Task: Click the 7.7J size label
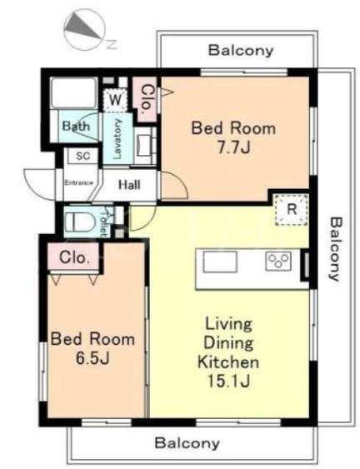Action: click(233, 147)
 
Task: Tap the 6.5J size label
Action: click(92, 358)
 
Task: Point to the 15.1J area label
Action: click(228, 381)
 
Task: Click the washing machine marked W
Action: click(115, 100)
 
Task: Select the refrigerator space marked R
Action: click(292, 209)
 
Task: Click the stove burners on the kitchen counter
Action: click(278, 261)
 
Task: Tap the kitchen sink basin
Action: click(220, 262)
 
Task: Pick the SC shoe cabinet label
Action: click(82, 156)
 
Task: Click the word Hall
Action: click(129, 185)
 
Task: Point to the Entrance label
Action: click(79, 182)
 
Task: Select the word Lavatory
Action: click(118, 139)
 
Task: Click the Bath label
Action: click(76, 126)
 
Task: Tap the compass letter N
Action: click(112, 44)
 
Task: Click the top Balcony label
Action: click(241, 50)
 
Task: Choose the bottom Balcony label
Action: click(187, 442)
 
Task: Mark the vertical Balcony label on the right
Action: click(336, 249)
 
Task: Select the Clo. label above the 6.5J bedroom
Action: click(74, 257)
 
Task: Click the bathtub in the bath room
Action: click(74, 93)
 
